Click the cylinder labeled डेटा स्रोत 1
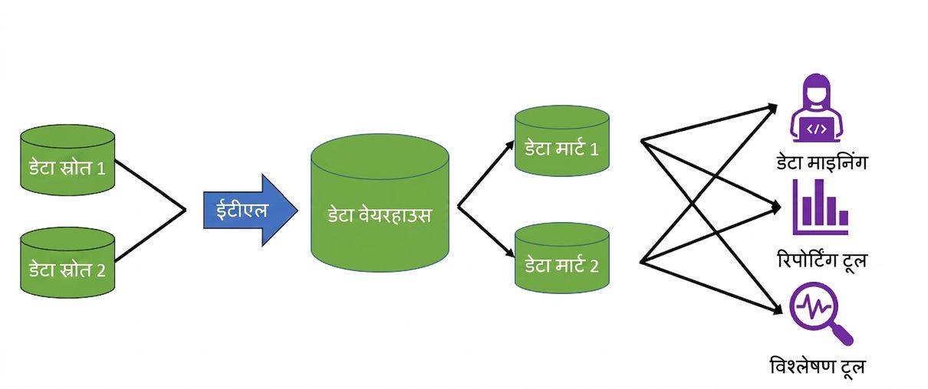67,160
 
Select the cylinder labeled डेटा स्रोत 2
67,263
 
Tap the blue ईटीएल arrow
250,211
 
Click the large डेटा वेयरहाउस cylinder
380,203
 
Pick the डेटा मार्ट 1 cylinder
561,141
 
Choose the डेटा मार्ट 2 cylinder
561,258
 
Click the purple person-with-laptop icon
816,109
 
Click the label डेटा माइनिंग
821,162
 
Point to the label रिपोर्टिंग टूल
822,260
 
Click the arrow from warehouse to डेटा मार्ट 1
485,173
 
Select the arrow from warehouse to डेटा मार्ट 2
485,231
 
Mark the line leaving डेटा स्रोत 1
150,185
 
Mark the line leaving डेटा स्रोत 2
150,236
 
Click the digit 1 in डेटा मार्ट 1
594,149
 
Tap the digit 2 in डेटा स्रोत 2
100,270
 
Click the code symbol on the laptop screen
816,129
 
